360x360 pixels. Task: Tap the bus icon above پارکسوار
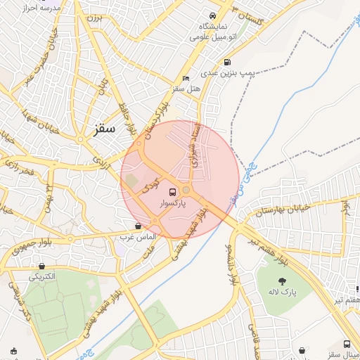click(x=172, y=192)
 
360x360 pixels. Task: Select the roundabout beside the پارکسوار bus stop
click(x=186, y=190)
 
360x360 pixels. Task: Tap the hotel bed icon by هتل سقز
click(x=186, y=78)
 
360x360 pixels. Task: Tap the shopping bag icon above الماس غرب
click(x=137, y=226)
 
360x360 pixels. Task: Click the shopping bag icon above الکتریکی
click(x=43, y=266)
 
